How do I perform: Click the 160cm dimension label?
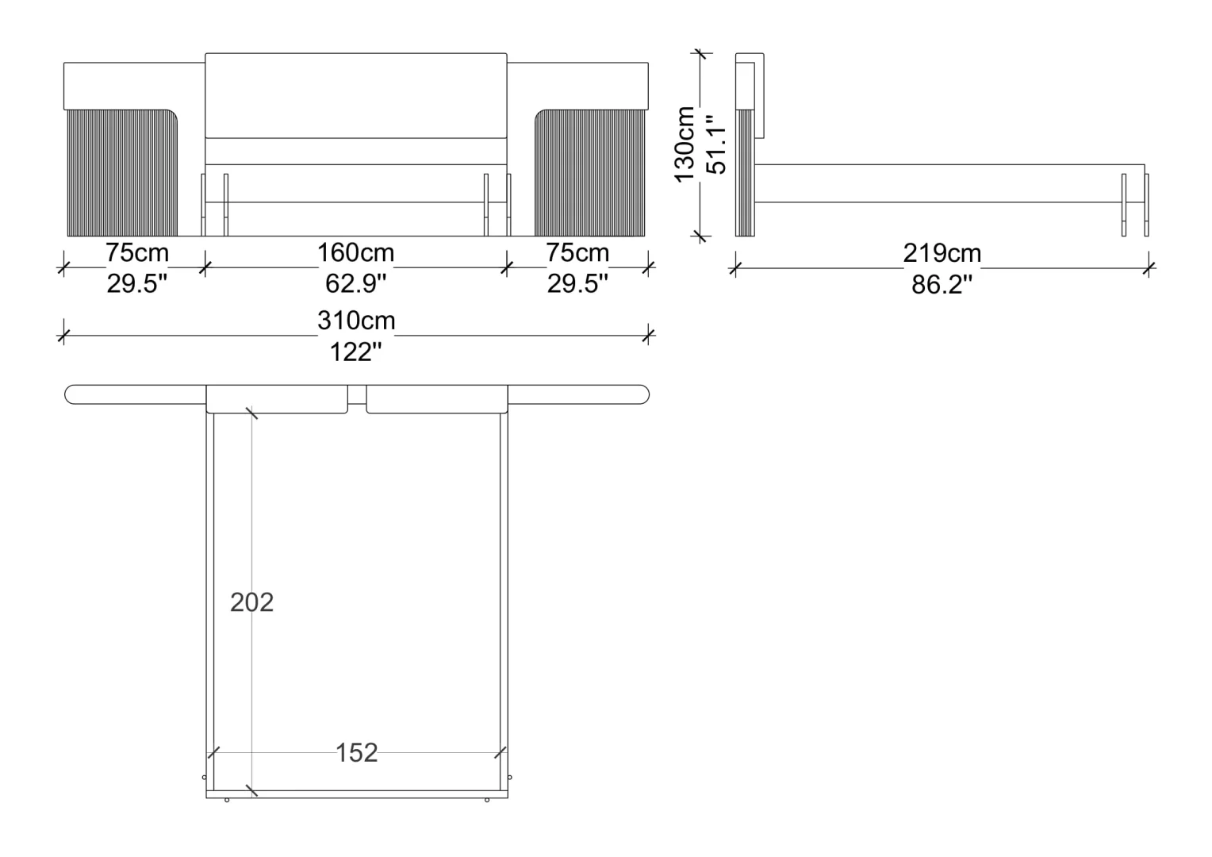[x=355, y=253]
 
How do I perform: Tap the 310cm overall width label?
[x=356, y=321]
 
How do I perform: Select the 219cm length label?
[x=942, y=253]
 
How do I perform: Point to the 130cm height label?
[x=685, y=144]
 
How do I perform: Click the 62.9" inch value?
[x=355, y=283]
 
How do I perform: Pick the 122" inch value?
[x=355, y=352]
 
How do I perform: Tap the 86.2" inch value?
[x=942, y=285]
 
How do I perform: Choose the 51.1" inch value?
[x=717, y=144]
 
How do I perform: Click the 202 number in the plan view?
[x=251, y=602]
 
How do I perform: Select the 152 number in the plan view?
[x=357, y=753]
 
